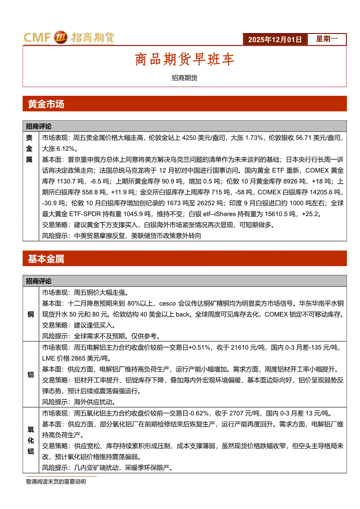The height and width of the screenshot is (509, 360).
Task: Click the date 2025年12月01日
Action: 275,39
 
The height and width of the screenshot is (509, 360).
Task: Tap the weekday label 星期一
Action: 326,39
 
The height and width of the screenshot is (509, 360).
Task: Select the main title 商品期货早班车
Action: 184,60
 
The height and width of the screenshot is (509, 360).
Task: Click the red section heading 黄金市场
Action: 46,104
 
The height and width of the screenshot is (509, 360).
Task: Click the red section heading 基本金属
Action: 46,259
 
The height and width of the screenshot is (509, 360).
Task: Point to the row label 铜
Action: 31,314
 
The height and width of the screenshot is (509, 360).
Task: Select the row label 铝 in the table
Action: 31,374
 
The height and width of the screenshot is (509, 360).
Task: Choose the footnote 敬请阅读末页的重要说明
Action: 56,482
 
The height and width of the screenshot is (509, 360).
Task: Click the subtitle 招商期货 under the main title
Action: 184,78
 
